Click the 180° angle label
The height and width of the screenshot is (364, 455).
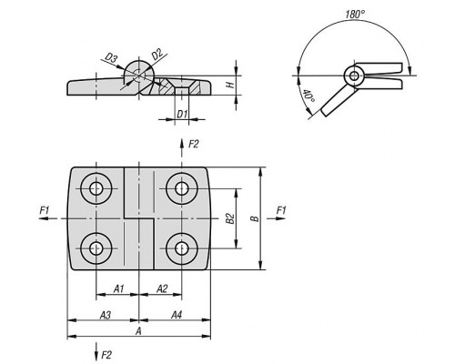tap(355, 14)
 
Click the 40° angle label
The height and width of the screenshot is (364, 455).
tap(309, 96)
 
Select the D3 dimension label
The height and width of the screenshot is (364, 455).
tap(111, 57)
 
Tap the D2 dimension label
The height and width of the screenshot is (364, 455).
tap(157, 55)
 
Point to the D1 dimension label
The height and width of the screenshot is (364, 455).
tap(182, 115)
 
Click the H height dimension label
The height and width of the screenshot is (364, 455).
tap(231, 85)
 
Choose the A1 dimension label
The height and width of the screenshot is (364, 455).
tap(119, 288)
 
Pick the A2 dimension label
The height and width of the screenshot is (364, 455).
tap(162, 288)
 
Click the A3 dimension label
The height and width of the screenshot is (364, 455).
tap(106, 315)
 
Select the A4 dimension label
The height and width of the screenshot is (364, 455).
tap(177, 315)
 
